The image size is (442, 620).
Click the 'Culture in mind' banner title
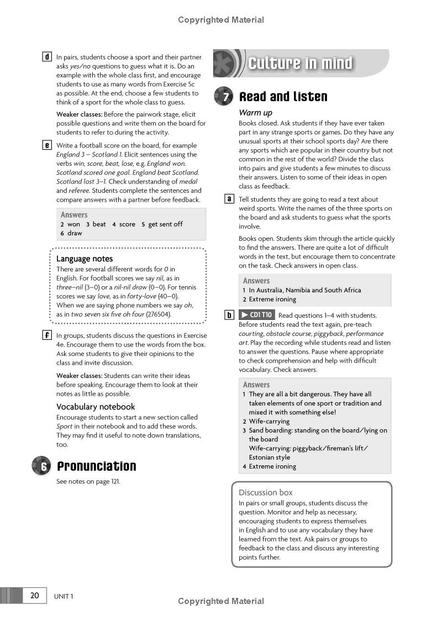click(x=300, y=63)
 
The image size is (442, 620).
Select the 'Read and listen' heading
click(x=283, y=97)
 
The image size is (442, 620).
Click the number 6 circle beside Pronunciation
click(x=42, y=466)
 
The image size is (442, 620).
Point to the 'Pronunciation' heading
click(x=96, y=466)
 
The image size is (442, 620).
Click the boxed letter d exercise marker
click(x=47, y=57)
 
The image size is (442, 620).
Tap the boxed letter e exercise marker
click(x=47, y=145)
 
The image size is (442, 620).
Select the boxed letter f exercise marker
click(x=47, y=335)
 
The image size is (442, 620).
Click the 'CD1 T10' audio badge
click(x=256, y=315)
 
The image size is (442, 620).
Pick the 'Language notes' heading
click(x=85, y=259)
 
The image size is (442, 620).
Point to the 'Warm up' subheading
click(x=255, y=113)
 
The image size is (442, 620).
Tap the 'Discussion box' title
click(x=266, y=492)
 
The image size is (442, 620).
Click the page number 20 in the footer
click(x=35, y=595)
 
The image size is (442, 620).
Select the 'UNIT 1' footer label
click(x=64, y=596)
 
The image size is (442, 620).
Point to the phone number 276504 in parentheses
click(x=159, y=314)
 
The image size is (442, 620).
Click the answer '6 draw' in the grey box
click(x=71, y=233)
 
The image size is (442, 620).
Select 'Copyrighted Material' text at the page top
click(x=221, y=20)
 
